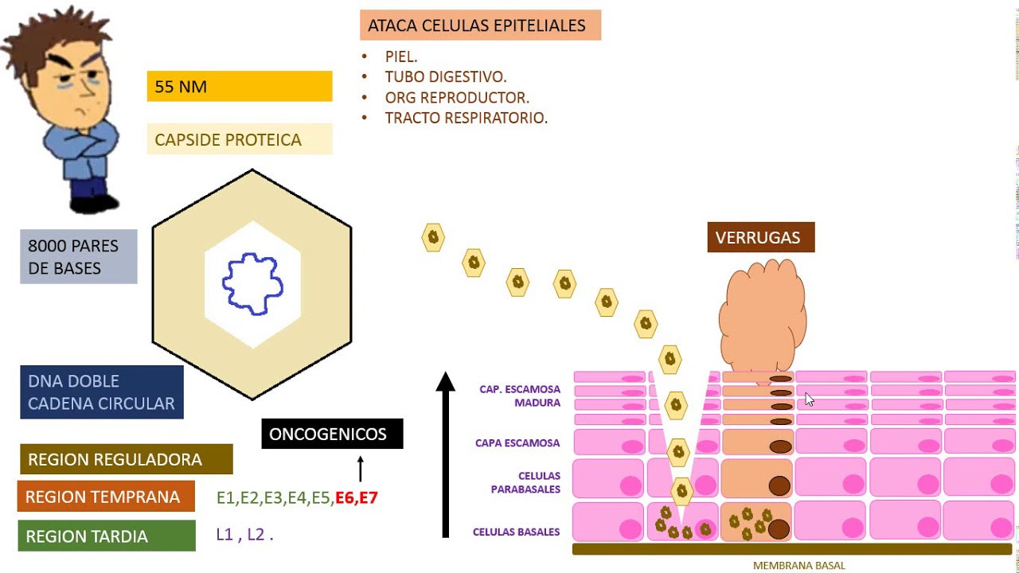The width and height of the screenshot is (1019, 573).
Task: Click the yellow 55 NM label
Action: (239, 86)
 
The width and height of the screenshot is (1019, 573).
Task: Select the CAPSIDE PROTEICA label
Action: (239, 139)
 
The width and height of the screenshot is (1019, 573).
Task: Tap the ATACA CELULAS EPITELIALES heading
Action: (479, 25)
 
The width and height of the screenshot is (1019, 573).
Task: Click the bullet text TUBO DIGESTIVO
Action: (446, 77)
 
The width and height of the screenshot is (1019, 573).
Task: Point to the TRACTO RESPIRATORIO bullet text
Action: (466, 118)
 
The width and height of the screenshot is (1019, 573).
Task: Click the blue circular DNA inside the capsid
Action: (252, 284)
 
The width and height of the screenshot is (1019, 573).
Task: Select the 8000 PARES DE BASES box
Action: (78, 256)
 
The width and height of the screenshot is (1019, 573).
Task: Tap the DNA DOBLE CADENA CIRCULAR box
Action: (101, 392)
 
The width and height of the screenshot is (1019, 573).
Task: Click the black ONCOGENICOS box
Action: (332, 434)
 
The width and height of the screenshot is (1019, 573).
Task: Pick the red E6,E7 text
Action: (356, 498)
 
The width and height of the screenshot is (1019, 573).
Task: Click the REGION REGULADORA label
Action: (126, 459)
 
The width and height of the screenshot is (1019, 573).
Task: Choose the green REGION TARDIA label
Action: (106, 536)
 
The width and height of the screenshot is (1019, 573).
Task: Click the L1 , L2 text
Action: (244, 535)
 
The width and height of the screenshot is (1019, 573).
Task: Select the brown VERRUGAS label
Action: (760, 237)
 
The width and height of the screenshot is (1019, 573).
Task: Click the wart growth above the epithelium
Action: (762, 314)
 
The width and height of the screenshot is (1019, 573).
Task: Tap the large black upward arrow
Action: (446, 454)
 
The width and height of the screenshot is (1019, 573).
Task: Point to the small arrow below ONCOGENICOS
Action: (360, 468)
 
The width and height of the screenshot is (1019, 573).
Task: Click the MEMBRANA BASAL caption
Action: (798, 566)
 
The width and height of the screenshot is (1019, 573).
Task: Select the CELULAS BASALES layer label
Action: (516, 532)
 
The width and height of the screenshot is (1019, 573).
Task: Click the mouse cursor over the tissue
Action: (809, 399)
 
